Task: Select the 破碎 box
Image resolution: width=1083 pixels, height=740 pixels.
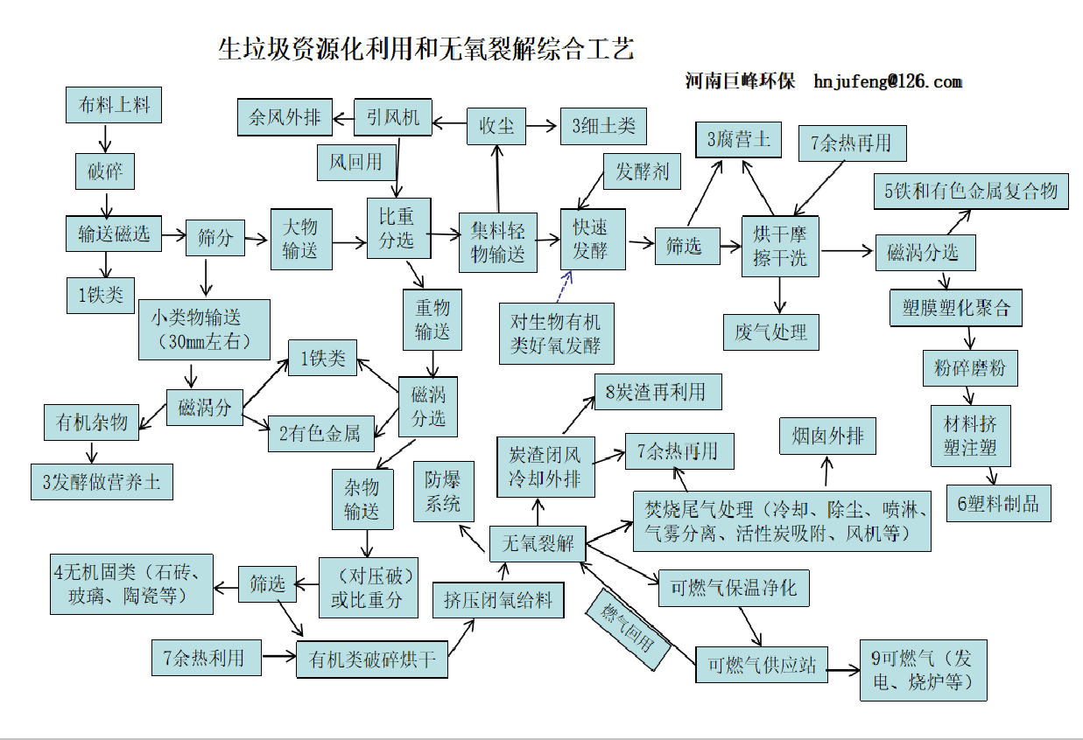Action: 104,171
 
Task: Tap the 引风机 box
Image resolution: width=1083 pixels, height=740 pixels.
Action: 393,117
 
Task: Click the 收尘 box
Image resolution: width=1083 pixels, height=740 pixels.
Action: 496,126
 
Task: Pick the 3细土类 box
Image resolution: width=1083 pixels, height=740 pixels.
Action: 603,126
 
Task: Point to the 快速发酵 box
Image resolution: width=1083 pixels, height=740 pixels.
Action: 594,239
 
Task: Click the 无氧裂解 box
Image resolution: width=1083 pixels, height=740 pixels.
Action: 537,543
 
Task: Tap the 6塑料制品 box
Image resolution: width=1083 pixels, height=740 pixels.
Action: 998,504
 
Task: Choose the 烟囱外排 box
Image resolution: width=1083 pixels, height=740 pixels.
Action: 827,436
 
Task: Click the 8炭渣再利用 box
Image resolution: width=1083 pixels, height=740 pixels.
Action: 658,392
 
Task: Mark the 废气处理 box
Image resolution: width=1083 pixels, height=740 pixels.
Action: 770,332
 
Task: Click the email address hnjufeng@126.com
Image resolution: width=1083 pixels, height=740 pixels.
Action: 887,81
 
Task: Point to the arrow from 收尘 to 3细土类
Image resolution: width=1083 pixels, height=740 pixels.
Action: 543,126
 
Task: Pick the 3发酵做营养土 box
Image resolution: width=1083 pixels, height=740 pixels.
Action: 102,482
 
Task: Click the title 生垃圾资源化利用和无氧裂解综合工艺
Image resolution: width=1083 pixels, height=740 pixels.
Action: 425,49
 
